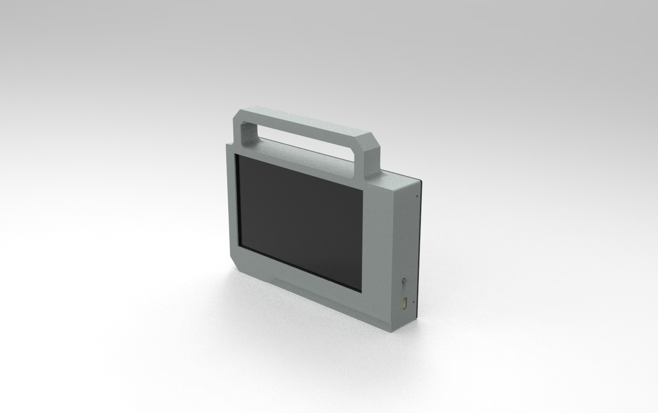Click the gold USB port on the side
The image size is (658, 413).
(405, 303)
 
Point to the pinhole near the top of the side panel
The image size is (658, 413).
(417, 196)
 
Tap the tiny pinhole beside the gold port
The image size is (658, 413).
(413, 301)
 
